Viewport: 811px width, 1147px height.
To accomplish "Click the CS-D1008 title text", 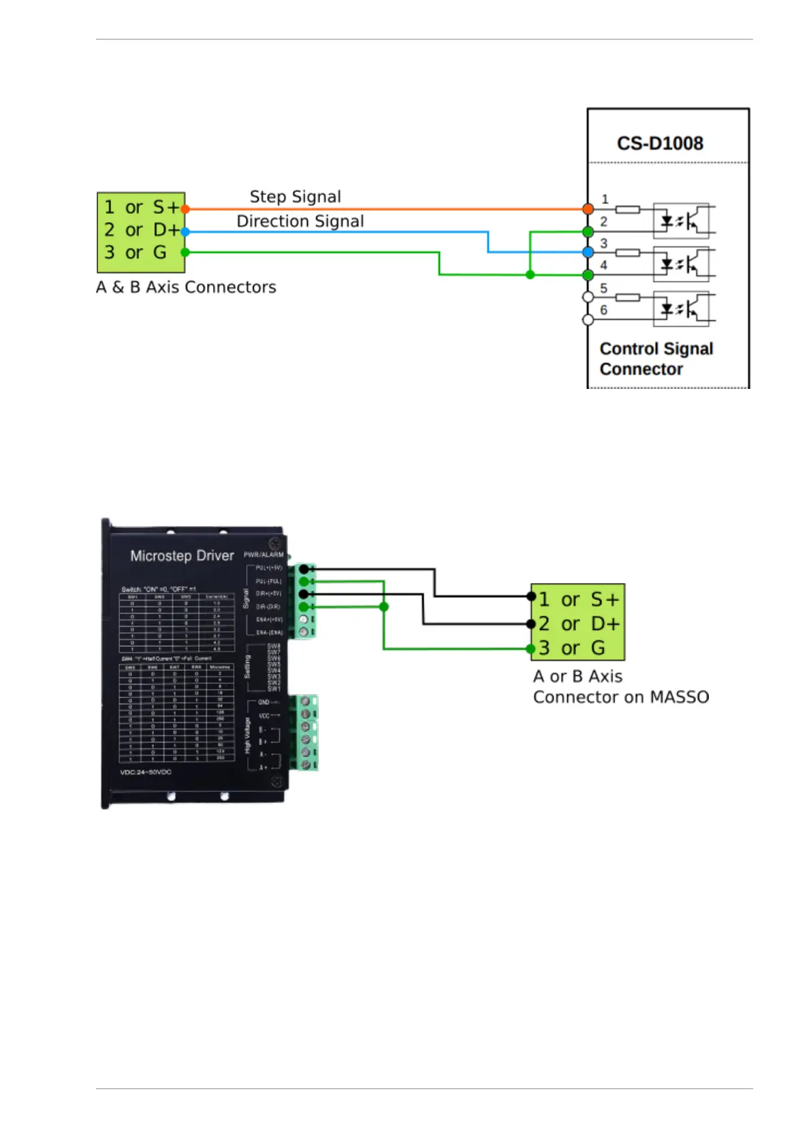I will (659, 143).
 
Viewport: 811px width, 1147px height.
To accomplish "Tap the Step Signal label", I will (295, 197).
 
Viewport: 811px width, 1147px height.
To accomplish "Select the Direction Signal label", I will (300, 221).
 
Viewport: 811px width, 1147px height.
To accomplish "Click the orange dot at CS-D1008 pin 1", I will (588, 209).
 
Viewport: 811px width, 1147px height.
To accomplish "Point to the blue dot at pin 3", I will (588, 252).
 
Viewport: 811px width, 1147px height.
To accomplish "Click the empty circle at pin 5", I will (588, 297).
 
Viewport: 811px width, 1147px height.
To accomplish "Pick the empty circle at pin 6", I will (588, 319).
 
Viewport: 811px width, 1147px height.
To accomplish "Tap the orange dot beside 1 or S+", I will (185, 209).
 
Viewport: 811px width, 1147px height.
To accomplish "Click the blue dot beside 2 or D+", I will (185, 232).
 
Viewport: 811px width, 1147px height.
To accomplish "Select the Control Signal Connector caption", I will (656, 359).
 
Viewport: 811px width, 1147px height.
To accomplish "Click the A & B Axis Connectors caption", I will (186, 287).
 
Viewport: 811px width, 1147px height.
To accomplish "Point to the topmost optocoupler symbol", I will (681, 220).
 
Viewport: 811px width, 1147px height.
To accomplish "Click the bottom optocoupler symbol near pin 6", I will (681, 309).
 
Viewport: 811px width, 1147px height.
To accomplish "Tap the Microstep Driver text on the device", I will (182, 556).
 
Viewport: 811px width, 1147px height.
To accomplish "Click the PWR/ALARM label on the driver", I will (264, 554).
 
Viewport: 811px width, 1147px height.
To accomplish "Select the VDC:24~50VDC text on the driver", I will (146, 772).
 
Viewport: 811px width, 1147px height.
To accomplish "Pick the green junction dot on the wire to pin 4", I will (530, 274).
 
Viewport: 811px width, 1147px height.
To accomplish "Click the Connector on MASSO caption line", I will (620, 697).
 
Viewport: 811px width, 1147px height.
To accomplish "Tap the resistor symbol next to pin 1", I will (627, 209).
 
